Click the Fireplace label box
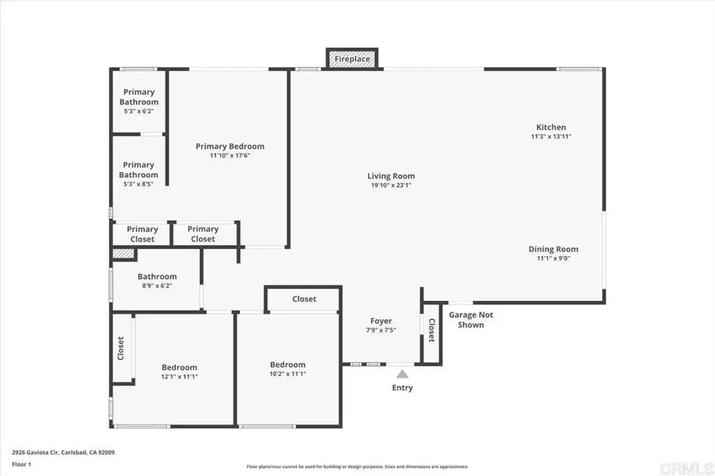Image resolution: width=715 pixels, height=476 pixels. pyautogui.click(x=352, y=59)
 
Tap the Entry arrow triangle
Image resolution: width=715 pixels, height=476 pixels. pyautogui.click(x=402, y=374)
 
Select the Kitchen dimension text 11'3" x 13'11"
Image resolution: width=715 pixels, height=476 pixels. pyautogui.click(x=551, y=136)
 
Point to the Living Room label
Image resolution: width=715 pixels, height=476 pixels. pyautogui.click(x=391, y=176)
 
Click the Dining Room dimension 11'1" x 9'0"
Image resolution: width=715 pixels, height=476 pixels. pyautogui.click(x=553, y=258)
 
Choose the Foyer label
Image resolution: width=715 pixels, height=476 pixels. pyautogui.click(x=381, y=321)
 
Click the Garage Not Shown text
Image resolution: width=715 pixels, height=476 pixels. pyautogui.click(x=471, y=320)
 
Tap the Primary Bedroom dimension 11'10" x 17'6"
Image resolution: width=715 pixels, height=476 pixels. pyautogui.click(x=230, y=156)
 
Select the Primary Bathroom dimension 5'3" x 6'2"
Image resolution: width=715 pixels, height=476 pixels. pyautogui.click(x=139, y=111)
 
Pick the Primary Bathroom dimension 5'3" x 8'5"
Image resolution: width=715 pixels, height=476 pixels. pyautogui.click(x=138, y=184)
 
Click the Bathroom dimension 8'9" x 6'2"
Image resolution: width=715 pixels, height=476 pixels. pyautogui.click(x=157, y=286)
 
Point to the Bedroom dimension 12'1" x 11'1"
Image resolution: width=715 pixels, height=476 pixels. pyautogui.click(x=179, y=377)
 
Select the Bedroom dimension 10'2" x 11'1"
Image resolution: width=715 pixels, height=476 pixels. pyautogui.click(x=287, y=374)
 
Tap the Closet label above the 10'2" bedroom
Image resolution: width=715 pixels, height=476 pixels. pyautogui.click(x=304, y=299)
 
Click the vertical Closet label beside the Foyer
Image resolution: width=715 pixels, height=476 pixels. pyautogui.click(x=432, y=330)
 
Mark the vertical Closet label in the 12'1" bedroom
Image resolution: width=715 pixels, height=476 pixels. pyautogui.click(x=121, y=348)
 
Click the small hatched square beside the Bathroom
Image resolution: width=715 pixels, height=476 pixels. pyautogui.click(x=124, y=254)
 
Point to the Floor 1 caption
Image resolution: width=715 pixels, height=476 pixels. pyautogui.click(x=22, y=465)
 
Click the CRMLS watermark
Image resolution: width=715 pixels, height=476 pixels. pyautogui.click(x=686, y=468)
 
